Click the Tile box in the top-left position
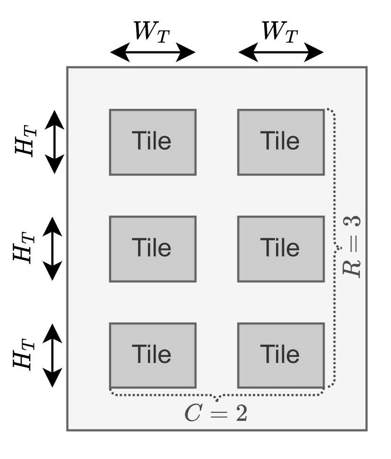[x=153, y=142]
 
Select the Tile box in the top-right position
[x=281, y=142]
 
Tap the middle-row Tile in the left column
[x=153, y=249]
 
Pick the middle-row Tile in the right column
[x=281, y=249]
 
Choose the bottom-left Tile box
[x=153, y=354]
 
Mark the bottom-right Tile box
[x=281, y=354]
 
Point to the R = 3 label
[x=353, y=247]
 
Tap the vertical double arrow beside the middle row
[x=55, y=249]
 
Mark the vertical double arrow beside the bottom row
[x=55, y=354]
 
